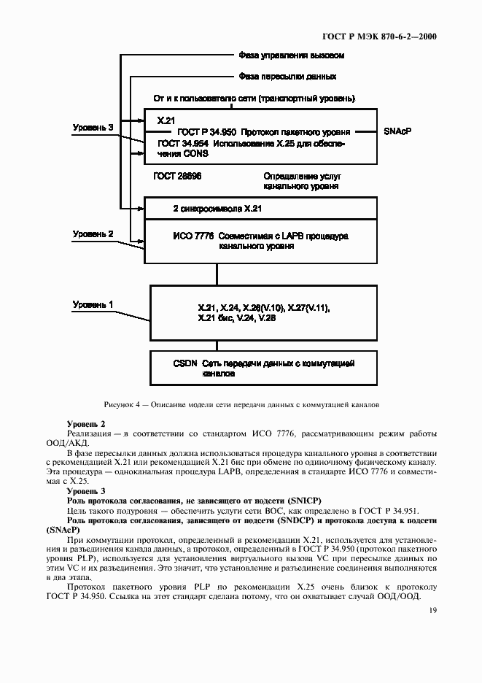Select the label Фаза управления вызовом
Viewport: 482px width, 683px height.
click(291, 55)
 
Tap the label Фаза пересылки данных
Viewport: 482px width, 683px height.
click(287, 76)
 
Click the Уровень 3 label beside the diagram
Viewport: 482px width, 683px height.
click(93, 127)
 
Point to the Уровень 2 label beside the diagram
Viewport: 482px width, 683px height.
click(93, 234)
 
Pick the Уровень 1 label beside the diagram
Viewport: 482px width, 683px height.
click(93, 304)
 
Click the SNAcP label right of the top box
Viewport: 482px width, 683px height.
click(397, 132)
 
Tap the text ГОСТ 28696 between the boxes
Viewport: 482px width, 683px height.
click(177, 177)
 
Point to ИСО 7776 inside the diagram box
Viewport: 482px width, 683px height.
click(190, 236)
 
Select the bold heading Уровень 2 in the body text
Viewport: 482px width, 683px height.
click(86, 424)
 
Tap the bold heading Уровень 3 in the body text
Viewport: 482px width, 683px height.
click(86, 491)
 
